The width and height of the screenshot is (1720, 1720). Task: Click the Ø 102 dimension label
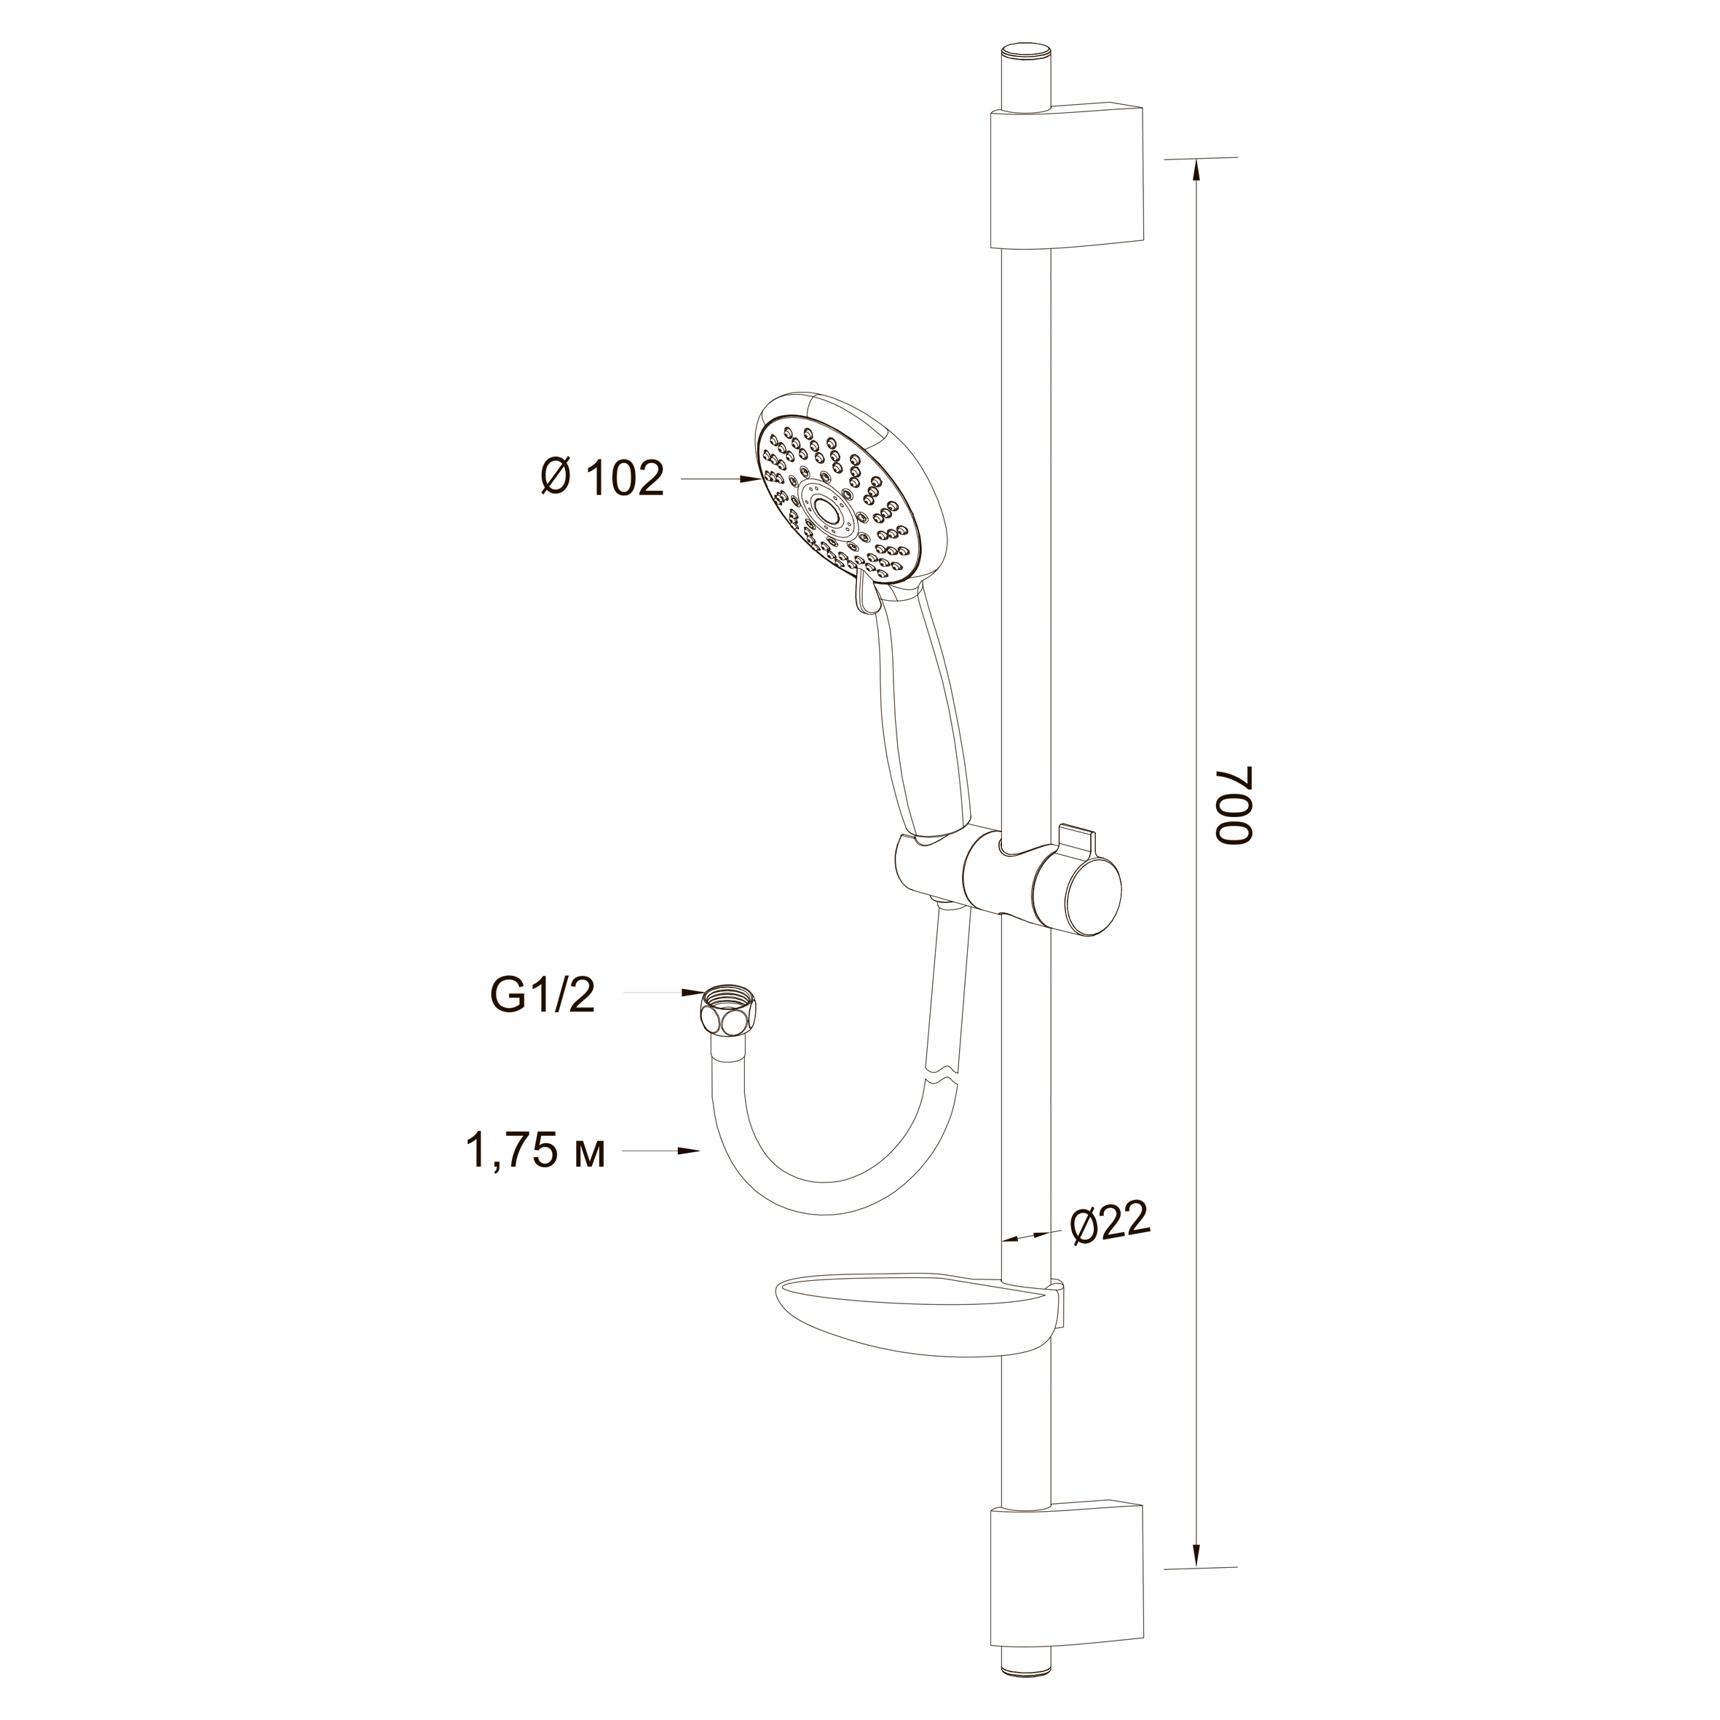[601, 479]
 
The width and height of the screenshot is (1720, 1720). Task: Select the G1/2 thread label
[541, 995]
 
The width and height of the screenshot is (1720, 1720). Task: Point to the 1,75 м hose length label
[536, 1151]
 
